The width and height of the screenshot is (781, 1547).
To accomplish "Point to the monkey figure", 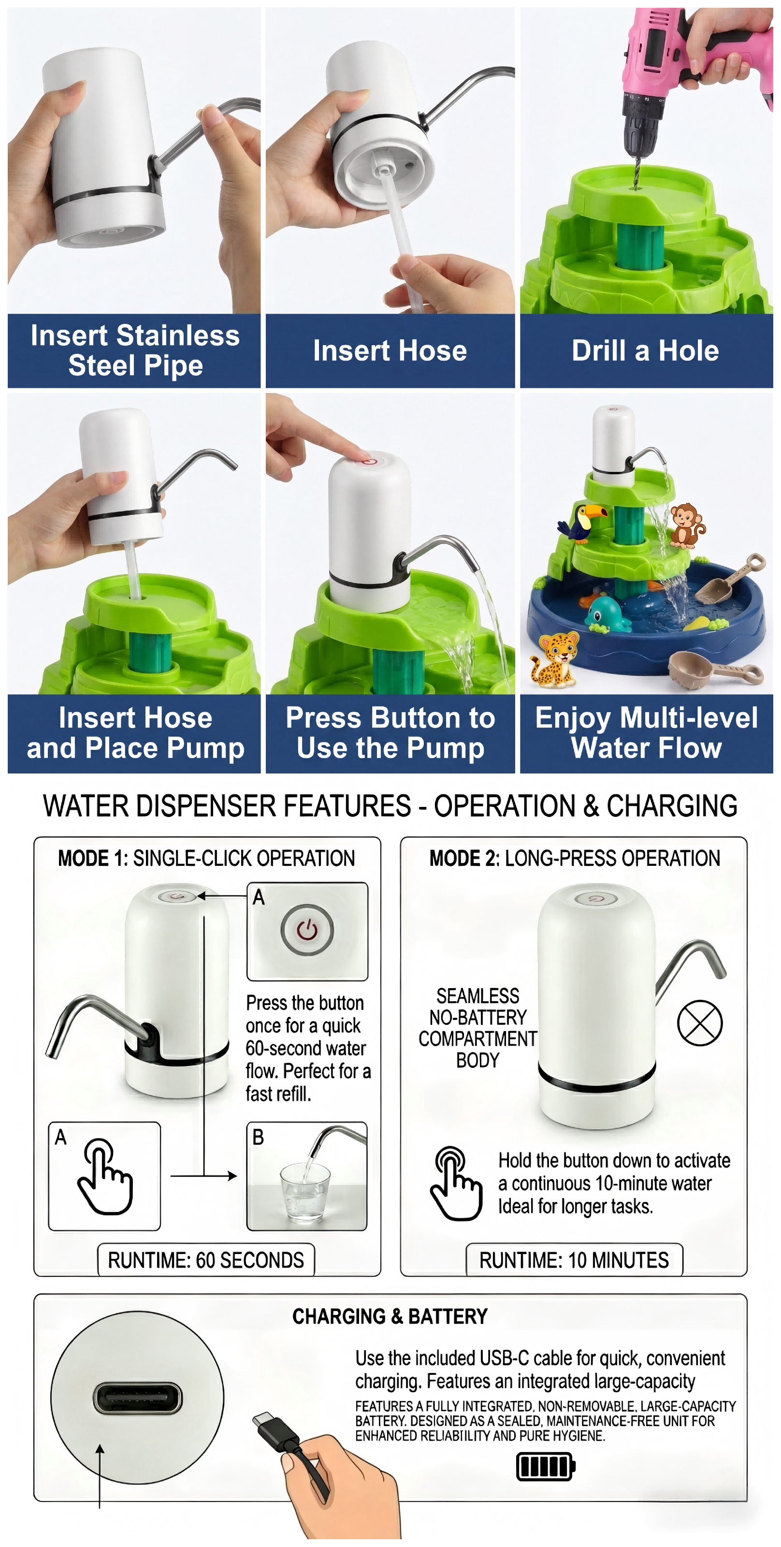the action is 687,525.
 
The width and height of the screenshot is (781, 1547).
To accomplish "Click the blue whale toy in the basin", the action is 607,614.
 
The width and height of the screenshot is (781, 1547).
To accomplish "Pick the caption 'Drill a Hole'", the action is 645,350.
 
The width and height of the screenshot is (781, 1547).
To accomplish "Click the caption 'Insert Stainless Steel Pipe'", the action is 135,350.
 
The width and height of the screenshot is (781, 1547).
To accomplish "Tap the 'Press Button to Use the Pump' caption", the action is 390,733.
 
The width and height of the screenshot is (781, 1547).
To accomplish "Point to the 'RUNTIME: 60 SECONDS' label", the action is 206,1260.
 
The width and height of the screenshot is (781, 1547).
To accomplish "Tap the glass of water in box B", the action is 305,1192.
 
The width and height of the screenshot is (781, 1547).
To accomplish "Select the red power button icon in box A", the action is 307,930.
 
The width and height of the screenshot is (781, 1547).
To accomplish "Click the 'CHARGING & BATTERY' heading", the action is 390,1316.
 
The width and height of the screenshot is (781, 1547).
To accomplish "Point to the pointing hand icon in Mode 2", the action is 456,1183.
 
